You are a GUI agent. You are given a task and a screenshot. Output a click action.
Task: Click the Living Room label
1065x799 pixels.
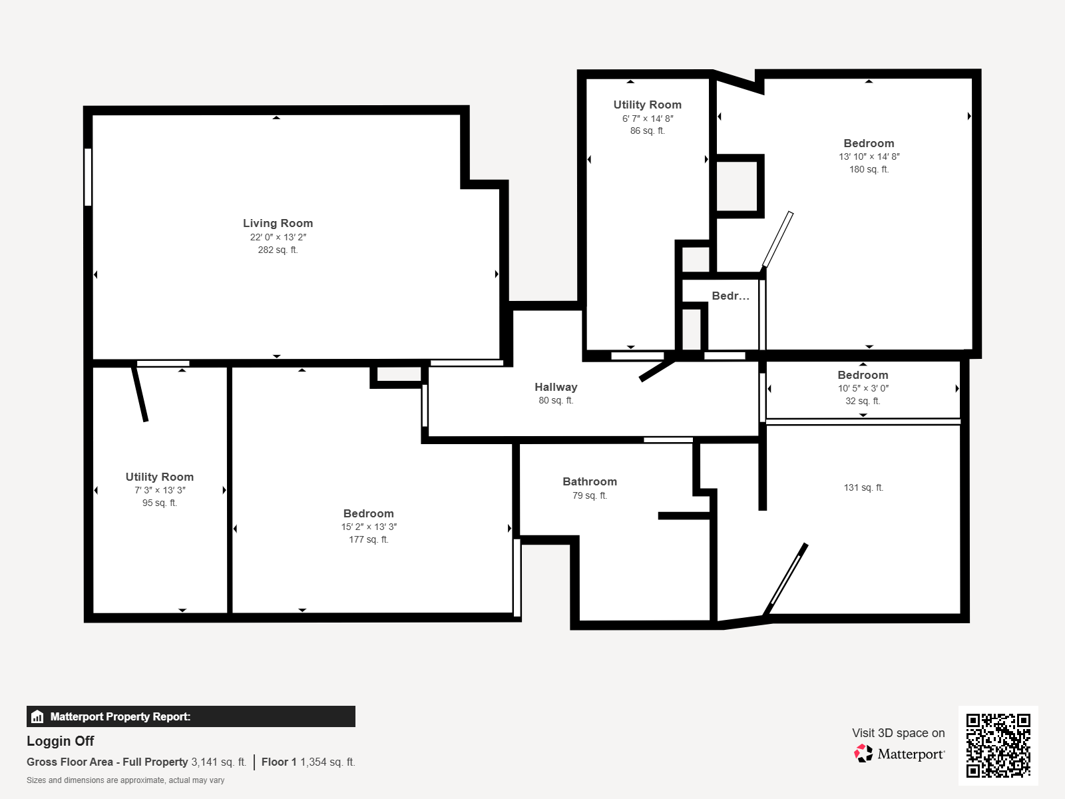[278, 223]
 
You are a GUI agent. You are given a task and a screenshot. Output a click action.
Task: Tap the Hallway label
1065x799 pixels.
[556, 387]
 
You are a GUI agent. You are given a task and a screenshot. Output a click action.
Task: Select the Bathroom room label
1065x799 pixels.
[590, 481]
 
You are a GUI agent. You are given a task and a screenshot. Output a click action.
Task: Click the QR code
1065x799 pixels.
[998, 745]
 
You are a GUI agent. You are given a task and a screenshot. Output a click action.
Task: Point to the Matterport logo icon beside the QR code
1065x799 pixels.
[863, 754]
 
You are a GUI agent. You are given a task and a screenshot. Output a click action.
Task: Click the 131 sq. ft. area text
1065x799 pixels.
[863, 487]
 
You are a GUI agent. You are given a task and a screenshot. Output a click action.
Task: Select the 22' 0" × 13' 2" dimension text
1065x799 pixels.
[278, 237]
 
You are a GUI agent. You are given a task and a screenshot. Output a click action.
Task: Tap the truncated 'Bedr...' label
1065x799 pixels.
[730, 296]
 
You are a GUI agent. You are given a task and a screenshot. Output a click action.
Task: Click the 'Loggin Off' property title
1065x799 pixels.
[60, 741]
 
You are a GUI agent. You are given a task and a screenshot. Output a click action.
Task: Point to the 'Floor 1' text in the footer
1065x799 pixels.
[279, 762]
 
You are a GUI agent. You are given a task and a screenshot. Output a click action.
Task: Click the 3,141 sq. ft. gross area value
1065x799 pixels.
[219, 762]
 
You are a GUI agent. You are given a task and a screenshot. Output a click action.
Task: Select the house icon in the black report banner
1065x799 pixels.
[37, 716]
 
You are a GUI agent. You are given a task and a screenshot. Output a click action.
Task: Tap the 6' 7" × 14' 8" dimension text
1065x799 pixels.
[648, 119]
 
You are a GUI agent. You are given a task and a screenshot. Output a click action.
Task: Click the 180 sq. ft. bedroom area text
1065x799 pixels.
[869, 169]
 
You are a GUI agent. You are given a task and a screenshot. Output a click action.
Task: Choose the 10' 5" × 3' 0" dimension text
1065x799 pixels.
[863, 388]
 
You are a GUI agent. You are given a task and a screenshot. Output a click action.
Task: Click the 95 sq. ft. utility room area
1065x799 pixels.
[160, 503]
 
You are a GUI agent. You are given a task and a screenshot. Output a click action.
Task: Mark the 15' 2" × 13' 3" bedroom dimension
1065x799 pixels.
[369, 527]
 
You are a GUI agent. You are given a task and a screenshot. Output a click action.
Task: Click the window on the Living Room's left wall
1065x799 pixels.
[88, 177]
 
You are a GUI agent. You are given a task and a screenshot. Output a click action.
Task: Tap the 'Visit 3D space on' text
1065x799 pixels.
[898, 733]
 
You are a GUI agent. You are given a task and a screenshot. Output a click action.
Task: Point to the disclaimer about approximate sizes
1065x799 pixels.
[125, 780]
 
